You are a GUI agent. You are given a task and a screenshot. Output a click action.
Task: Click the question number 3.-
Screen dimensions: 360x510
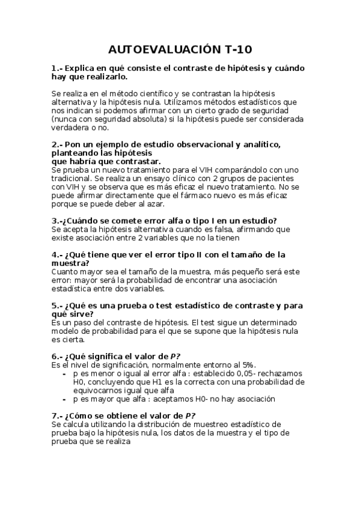click(58, 221)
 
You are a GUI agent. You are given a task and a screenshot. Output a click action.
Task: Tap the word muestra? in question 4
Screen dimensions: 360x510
click(70, 263)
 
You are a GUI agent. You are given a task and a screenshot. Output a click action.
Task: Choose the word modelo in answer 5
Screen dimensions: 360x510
click(66, 331)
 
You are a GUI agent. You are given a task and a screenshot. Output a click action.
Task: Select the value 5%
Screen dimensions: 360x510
click(247, 364)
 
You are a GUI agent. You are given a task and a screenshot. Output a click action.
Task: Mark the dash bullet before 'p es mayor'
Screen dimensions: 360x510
click(65, 398)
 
